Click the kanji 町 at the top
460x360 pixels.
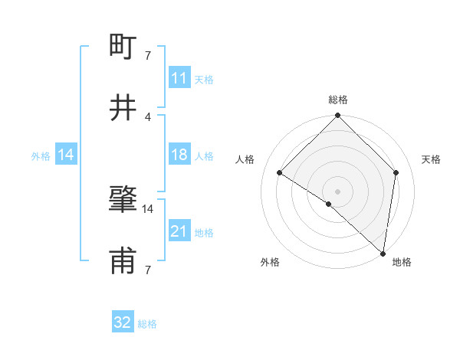pyautogui.click(x=123, y=47)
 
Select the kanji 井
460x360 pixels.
pyautogui.click(x=123, y=109)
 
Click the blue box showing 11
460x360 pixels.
pyautogui.click(x=179, y=78)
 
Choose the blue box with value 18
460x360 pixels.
pyautogui.click(x=179, y=155)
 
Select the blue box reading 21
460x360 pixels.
pyautogui.click(x=179, y=231)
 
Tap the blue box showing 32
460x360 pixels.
pyautogui.click(x=123, y=322)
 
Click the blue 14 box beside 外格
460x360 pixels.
pyautogui.click(x=66, y=155)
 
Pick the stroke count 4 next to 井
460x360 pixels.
pyautogui.click(x=148, y=116)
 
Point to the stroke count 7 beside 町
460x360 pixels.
pyautogui.click(x=148, y=55)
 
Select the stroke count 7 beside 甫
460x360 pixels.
pyautogui.click(x=148, y=270)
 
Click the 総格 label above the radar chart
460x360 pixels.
pyautogui.click(x=337, y=100)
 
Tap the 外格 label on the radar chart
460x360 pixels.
pyautogui.click(x=270, y=262)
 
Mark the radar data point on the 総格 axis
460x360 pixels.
pyautogui.click(x=337, y=116)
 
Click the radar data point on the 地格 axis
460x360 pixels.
pyautogui.click(x=382, y=252)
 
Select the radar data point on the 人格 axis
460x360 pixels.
pyautogui.click(x=280, y=173)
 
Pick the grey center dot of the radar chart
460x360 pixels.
pyautogui.click(x=337, y=191)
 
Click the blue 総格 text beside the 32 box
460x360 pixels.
pyautogui.click(x=147, y=324)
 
